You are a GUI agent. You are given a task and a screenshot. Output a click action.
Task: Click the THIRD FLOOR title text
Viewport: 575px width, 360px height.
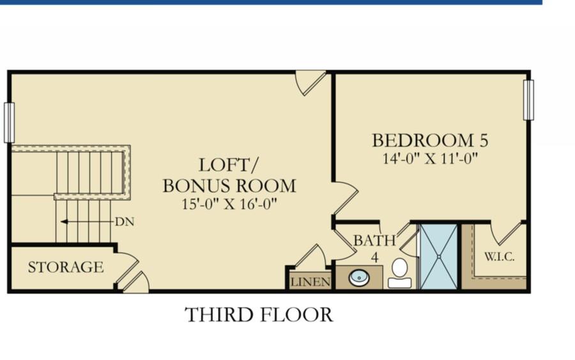259,315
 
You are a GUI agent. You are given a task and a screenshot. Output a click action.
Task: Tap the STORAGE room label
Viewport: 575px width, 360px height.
66,267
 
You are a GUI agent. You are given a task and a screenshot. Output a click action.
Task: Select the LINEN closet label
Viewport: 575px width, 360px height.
310,282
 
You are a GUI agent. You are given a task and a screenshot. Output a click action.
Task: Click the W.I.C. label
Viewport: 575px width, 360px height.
500,256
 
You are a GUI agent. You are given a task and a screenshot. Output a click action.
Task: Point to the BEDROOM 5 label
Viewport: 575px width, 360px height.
430,141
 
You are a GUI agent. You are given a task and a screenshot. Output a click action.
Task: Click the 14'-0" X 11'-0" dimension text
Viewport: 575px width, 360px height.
430,159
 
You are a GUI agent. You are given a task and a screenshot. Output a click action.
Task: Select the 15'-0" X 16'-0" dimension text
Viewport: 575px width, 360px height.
229,204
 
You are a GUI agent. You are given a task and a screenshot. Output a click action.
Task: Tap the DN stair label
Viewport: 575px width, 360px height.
125,222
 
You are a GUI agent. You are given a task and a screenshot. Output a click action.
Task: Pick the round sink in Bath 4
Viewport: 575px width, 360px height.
359,278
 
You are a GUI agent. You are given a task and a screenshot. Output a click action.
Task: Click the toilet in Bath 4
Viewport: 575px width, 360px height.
400,273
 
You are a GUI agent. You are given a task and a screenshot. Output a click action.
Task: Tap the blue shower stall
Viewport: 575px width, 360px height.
438,256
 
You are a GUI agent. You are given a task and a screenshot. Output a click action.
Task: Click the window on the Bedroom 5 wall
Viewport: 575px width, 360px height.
528,100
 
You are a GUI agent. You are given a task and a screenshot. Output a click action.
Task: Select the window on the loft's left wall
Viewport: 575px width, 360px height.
9,123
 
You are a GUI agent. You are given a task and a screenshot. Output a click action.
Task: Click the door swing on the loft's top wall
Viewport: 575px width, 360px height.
310,83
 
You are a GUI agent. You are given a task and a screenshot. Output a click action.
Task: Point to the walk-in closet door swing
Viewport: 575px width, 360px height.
508,234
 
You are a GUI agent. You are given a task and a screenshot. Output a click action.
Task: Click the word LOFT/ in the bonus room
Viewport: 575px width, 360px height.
229,165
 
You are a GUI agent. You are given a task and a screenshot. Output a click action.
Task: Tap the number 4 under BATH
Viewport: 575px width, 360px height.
374,258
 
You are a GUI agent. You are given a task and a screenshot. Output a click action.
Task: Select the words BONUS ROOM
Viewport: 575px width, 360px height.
229,186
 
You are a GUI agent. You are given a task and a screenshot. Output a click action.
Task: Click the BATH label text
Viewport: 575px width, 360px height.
374,240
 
